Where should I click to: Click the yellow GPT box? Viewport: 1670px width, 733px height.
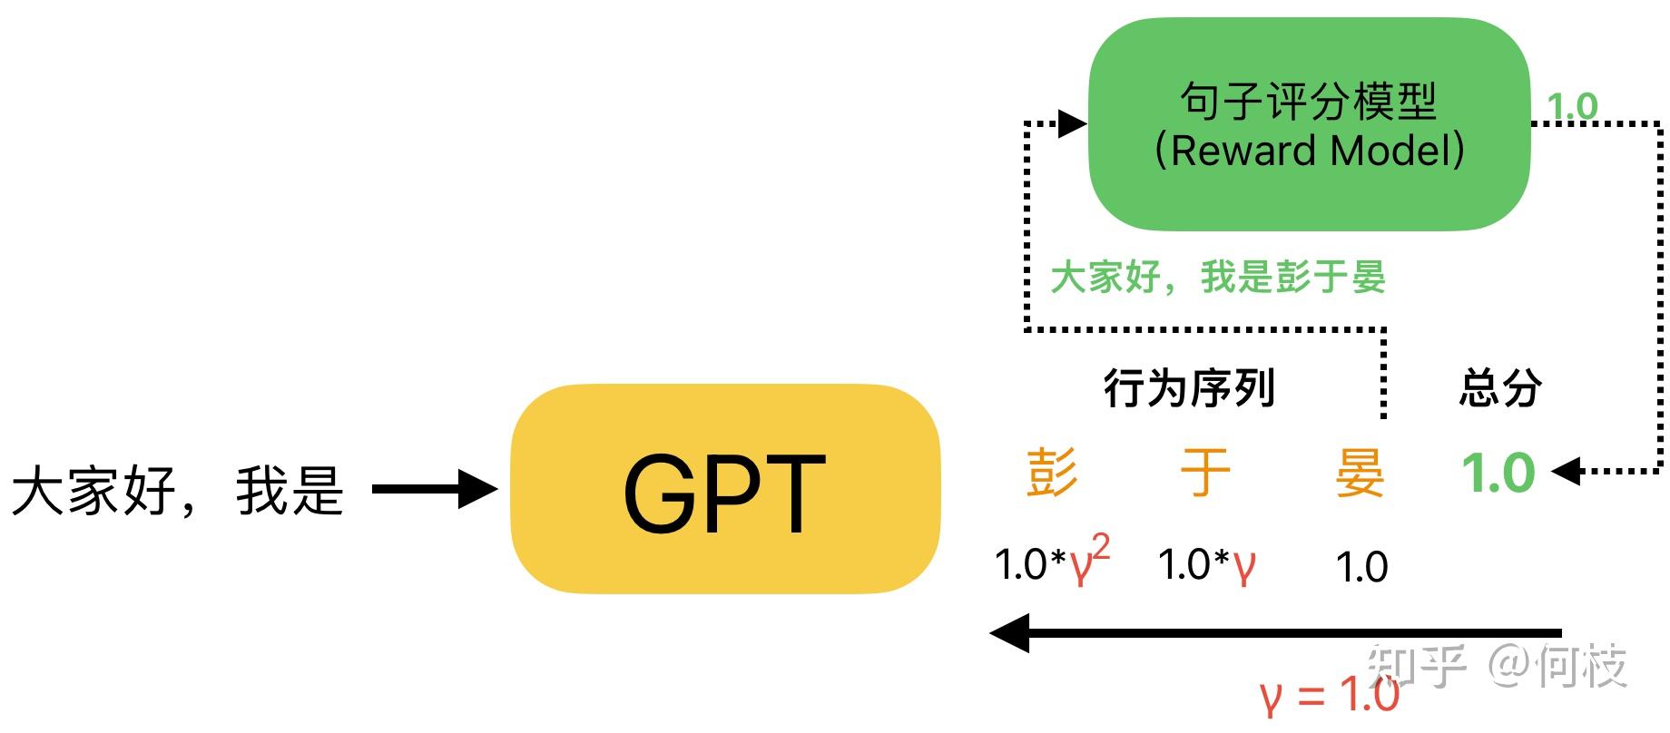[724, 490]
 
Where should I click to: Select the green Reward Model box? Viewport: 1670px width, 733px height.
[1309, 124]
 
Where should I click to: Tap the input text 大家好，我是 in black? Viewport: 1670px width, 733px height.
[178, 491]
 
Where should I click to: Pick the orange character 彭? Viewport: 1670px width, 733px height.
[1052, 473]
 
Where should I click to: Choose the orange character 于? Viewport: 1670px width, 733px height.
[1205, 473]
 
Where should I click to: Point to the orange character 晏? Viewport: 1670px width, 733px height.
[1360, 473]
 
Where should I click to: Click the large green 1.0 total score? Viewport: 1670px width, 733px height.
[1498, 473]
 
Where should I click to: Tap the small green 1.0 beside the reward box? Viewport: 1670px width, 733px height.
[1572, 107]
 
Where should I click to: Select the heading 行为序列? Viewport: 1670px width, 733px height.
[1189, 388]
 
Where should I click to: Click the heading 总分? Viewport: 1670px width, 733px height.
[1499, 388]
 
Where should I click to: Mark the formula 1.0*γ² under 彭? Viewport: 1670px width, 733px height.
[1052, 562]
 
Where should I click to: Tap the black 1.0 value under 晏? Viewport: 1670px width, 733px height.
[1361, 567]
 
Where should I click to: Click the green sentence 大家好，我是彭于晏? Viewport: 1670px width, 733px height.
[1218, 278]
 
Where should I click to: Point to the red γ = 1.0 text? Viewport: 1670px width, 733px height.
[1330, 697]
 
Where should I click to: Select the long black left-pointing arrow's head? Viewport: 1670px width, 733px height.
[1009, 632]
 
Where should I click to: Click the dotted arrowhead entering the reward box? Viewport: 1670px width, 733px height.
[1073, 123]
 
